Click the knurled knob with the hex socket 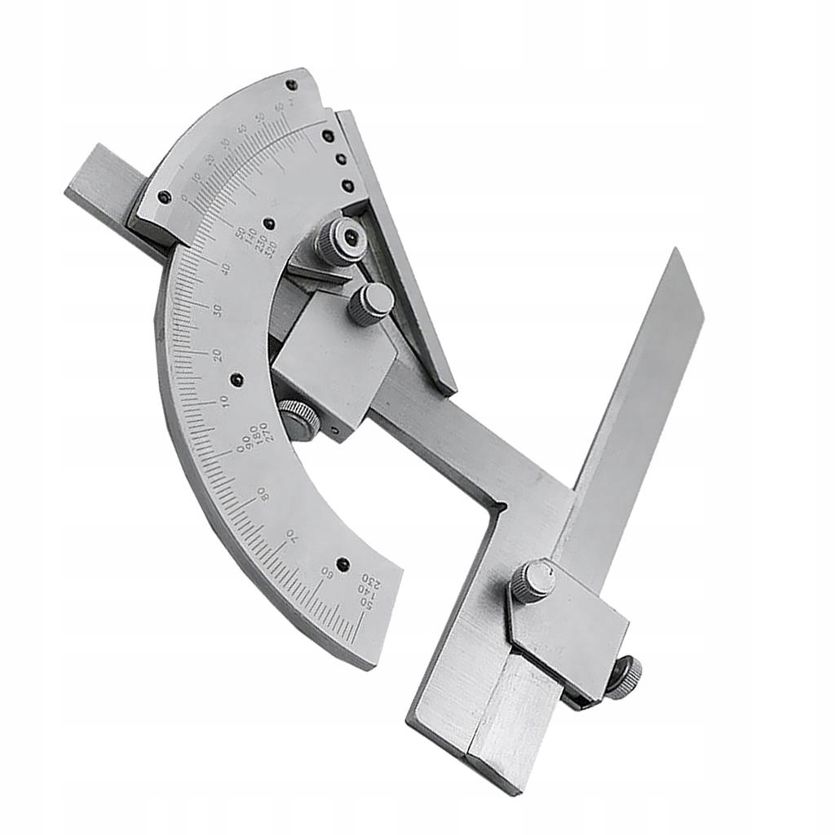[341, 240]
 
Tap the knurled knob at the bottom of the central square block [298, 419]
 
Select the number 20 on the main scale [216, 356]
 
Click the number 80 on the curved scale [263, 493]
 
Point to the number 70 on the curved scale [290, 536]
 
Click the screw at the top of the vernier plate [291, 84]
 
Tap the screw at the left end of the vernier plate [164, 197]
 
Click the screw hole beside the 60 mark [342, 563]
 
